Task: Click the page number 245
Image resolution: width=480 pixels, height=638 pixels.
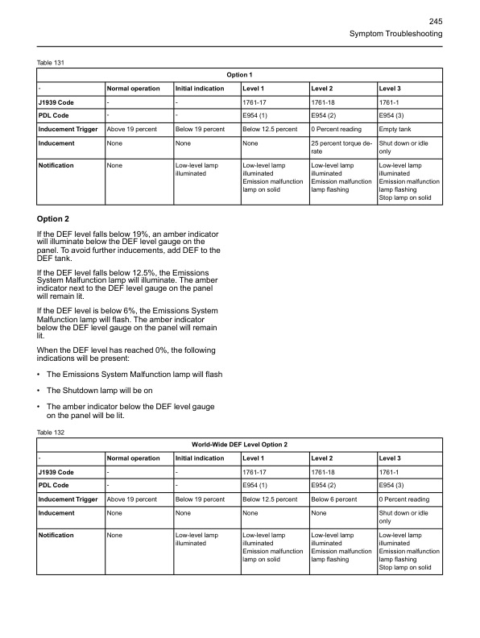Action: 436,21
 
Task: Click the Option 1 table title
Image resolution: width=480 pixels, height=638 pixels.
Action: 239,75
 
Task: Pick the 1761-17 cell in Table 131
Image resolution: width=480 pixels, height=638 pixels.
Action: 255,101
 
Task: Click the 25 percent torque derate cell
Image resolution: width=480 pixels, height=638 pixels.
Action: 337,147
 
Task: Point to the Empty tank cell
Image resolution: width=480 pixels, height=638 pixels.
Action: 394,128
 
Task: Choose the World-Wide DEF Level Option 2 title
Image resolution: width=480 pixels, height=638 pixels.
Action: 239,445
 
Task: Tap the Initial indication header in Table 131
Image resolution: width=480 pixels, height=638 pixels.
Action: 199,88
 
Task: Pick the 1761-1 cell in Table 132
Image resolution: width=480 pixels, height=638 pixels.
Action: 390,471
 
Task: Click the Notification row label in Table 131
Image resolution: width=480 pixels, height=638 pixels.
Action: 56,165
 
